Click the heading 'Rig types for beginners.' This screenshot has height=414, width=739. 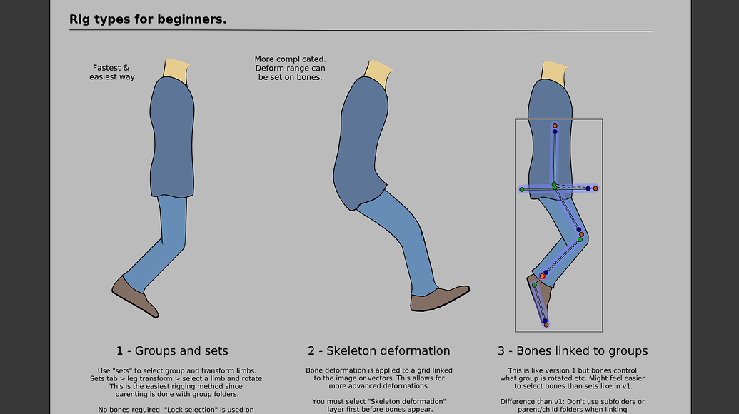[148, 19]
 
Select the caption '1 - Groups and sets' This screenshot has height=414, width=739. [172, 350]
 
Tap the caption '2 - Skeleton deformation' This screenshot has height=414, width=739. [379, 350]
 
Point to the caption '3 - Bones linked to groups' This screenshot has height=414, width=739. [573, 350]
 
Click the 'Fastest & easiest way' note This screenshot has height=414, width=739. [111, 72]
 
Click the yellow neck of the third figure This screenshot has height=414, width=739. [554, 72]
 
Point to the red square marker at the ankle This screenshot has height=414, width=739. [543, 276]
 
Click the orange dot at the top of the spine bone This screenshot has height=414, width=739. [555, 126]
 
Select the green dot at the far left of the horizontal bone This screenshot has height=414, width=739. [522, 189]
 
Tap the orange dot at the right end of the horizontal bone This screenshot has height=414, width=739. [595, 188]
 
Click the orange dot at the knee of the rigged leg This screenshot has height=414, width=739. [582, 234]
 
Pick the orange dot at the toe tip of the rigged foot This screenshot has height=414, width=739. [546, 325]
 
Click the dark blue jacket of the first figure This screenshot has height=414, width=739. [171, 136]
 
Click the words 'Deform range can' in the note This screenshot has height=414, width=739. [290, 68]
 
